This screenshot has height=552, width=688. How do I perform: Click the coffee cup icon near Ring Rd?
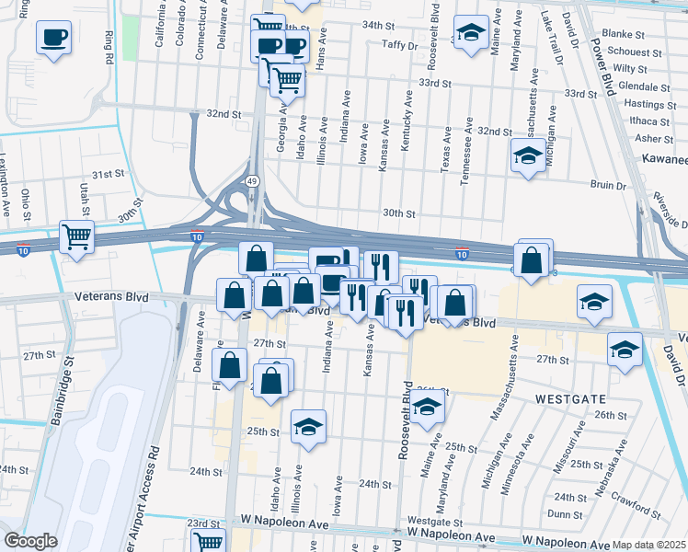(x=54, y=39)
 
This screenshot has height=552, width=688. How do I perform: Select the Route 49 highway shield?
(x=251, y=181)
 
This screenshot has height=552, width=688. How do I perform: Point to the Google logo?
(x=30, y=541)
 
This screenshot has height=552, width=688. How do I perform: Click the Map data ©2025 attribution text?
(x=649, y=545)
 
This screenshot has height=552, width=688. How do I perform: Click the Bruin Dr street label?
(x=608, y=185)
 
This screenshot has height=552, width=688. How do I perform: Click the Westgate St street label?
(x=428, y=521)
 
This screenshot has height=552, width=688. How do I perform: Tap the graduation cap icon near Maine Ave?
(x=470, y=34)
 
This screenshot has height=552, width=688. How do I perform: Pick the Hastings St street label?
(x=644, y=104)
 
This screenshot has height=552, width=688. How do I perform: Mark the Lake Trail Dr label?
(x=549, y=37)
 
